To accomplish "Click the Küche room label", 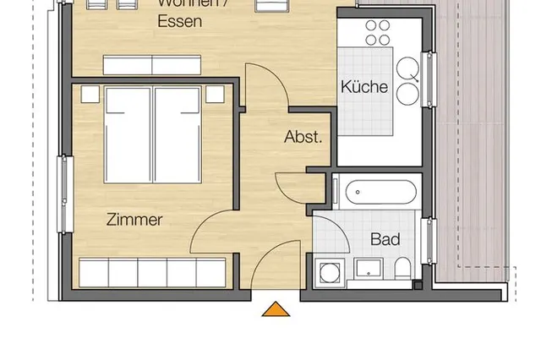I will coord(364,86).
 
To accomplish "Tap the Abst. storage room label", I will coord(303,137).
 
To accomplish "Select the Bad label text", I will coord(385,239).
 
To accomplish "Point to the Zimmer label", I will coord(134,219).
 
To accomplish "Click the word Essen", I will coord(179,22).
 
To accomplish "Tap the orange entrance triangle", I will coord(274,309).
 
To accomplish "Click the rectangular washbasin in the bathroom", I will coord(368,270).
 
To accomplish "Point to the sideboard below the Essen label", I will coord(152,65).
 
